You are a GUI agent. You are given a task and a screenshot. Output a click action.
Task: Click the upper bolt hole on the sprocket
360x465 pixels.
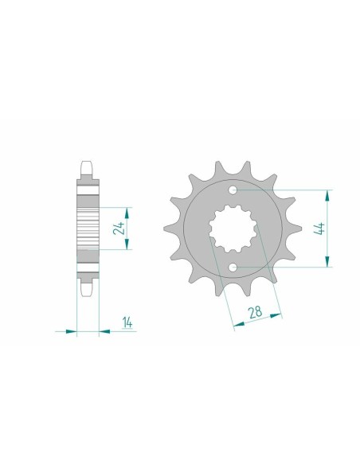coord(233,191)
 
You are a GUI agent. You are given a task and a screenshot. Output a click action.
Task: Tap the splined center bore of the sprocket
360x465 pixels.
coord(233,229)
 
